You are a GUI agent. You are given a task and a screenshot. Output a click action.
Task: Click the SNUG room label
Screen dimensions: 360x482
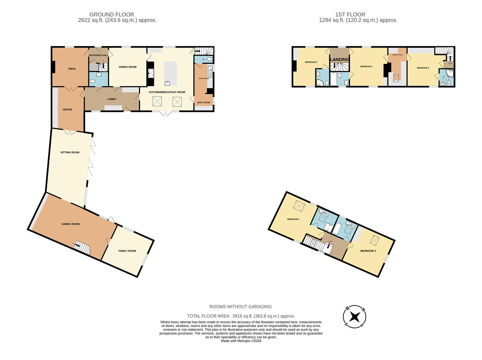72,69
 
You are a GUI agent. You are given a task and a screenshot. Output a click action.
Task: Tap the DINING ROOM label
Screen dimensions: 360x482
128,67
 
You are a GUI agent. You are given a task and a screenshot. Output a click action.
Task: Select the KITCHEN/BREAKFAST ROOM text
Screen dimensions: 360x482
167,92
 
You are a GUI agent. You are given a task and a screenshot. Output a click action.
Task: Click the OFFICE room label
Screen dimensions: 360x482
67,110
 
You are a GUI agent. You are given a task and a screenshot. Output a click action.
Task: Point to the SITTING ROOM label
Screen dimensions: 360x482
70,152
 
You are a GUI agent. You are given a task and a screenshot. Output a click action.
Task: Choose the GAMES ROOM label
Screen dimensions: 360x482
70,224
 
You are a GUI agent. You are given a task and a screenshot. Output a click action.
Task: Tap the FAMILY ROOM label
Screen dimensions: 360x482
127,251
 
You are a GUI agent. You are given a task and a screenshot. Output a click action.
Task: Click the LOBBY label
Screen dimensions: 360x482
112,99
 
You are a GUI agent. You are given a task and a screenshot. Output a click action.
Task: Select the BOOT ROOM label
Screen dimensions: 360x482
203,103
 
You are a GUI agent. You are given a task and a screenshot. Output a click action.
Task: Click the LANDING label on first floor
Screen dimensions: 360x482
339,60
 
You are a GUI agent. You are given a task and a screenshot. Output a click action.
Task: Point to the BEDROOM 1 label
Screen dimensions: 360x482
366,67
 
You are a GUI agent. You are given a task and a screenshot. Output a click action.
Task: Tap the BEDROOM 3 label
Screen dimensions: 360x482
368,251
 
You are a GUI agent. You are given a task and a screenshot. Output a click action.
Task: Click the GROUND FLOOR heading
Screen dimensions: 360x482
112,15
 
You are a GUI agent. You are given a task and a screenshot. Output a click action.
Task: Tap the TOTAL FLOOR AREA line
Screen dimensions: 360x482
241,316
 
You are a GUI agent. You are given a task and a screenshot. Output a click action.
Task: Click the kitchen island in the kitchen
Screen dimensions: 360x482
170,73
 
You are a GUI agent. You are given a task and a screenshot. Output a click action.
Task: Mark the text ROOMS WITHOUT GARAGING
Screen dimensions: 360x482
240,307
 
